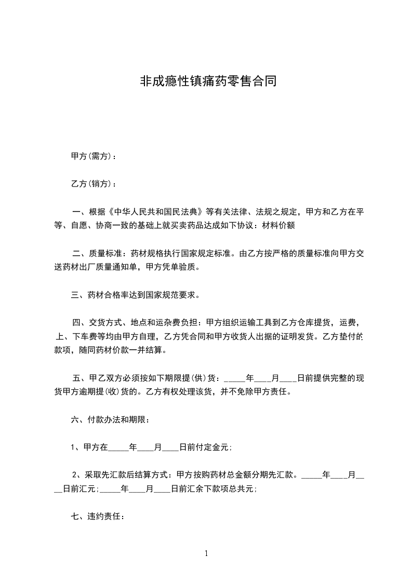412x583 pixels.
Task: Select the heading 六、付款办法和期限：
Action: click(x=111, y=420)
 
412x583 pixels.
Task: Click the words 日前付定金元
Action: click(x=205, y=447)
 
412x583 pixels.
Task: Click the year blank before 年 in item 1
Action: click(x=118, y=447)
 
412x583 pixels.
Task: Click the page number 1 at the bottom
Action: click(x=206, y=553)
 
